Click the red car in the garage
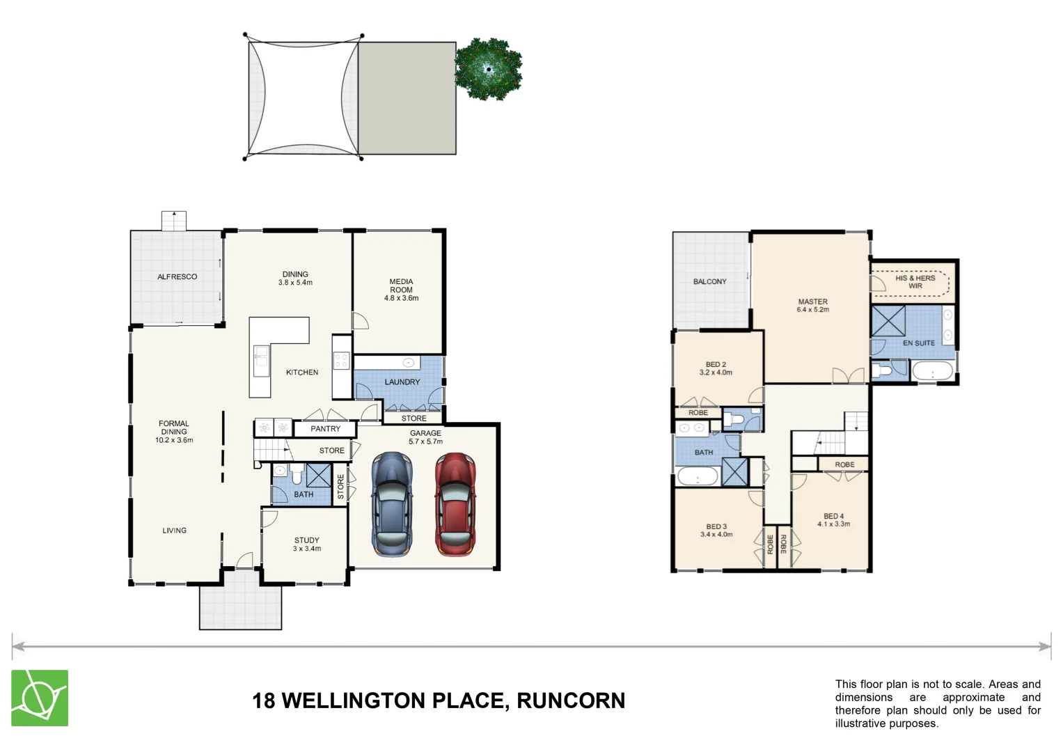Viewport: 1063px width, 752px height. coord(455,504)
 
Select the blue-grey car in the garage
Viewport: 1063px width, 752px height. coord(392,504)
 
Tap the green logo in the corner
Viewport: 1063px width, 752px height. coord(40,698)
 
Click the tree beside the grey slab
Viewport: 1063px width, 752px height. coord(488,68)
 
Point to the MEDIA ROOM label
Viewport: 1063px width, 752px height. coord(401,285)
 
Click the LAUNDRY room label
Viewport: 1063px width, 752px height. coord(402,382)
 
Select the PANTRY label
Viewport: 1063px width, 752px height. coord(325,429)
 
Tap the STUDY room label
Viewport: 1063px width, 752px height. coord(306,540)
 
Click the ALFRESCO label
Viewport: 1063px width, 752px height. coord(177,276)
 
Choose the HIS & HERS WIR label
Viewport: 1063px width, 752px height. coord(915,282)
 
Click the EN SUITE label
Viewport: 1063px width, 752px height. coord(918,343)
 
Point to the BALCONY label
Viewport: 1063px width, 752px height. coord(709,281)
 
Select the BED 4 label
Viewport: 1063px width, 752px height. coord(833,516)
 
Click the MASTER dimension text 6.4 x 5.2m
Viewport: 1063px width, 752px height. coord(812,310)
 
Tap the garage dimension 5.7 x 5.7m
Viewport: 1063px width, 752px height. coord(425,441)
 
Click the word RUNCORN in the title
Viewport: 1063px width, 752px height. coord(570,700)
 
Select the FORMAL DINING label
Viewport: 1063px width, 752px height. coord(173,428)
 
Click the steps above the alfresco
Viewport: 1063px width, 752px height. coord(174,220)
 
